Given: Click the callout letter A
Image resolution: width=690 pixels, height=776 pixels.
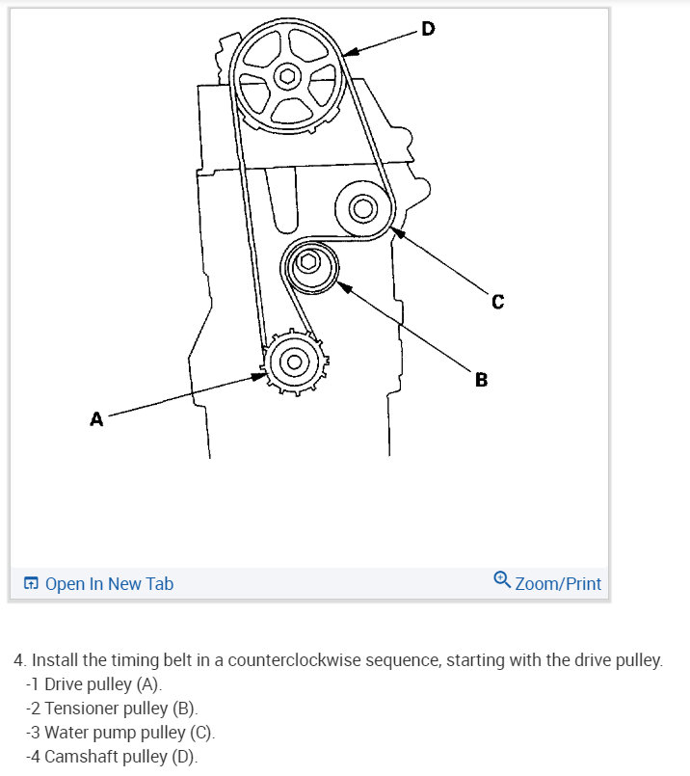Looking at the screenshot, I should point(96,419).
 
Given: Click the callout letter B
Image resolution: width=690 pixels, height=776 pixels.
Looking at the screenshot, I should point(481,380).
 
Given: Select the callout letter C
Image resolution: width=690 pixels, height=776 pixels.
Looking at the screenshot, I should point(497,302).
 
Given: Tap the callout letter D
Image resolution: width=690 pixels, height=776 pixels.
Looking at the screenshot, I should point(428,29).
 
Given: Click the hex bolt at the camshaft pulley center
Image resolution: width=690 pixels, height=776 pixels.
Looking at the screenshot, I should point(286,75).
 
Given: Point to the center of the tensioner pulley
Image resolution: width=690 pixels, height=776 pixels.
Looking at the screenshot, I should point(309,263).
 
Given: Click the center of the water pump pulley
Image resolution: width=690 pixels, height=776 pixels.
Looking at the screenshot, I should point(363,207).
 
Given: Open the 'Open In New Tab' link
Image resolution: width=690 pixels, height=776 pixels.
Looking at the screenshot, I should point(109,583).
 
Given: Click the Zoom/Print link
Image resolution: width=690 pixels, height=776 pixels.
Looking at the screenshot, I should point(558,583).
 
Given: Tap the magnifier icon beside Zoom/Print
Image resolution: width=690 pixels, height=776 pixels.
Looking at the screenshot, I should point(501,580).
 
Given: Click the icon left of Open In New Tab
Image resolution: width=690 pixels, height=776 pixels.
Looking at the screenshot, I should point(31,584).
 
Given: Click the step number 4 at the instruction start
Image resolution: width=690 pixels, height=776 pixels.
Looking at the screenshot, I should point(18,661).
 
